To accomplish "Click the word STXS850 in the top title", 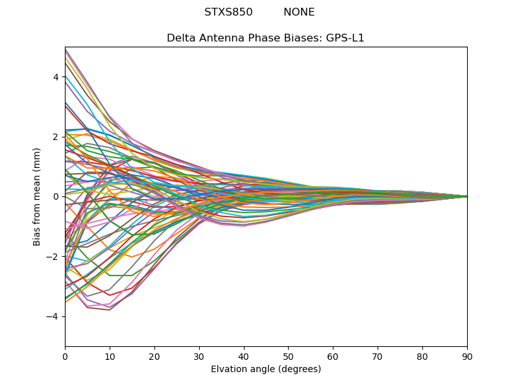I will pos(228,12).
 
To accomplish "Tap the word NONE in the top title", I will pos(299,12).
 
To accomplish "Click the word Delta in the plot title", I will pos(181,38).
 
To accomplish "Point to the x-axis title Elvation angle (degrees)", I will pos(266,370).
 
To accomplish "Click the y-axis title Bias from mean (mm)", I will pos(38,196).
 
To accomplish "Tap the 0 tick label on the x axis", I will pos(65,356).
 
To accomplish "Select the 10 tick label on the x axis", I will pos(110,356).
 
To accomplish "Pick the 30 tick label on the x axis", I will pos(199,356).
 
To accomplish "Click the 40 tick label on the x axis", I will pos(244,356).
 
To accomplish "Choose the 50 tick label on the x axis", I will pos(288,356).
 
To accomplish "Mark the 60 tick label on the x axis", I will pos(333,356).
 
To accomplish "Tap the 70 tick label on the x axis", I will pos(378,356).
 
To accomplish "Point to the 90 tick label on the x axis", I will pos(467,356).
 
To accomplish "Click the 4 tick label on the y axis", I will pos(56,77).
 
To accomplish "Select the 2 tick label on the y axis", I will pos(56,137).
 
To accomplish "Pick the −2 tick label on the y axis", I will pos(53,257).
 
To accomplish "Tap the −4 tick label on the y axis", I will pos(53,316).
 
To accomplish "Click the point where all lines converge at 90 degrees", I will pos(466,196).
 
